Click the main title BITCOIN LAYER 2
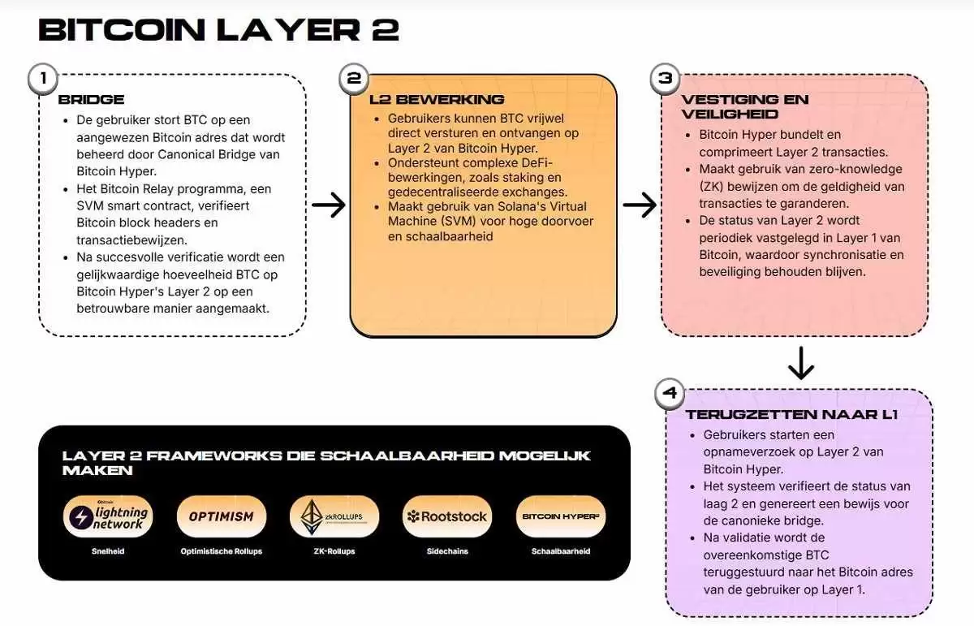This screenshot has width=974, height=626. coord(219,29)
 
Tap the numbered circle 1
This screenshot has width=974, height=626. coord(42,78)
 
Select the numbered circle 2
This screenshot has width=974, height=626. coord(354,78)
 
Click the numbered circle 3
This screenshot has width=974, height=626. coord(666,78)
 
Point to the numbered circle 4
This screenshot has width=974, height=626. coord(670,394)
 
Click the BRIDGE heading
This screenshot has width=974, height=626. coord(91,100)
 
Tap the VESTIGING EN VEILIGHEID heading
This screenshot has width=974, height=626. coord(745,106)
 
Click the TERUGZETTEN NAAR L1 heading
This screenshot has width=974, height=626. coord(791,414)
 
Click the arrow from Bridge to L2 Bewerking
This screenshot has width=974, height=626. coord(328,205)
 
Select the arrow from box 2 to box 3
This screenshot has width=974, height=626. coord(640,205)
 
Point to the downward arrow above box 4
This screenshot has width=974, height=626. coord(801,364)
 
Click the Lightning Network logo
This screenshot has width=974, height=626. coord(108,516)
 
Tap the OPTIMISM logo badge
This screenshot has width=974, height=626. coord(222,516)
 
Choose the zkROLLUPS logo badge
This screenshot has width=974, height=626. coord(334,516)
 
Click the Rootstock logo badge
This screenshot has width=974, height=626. coord(447,516)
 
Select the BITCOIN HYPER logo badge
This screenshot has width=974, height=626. coord(561,516)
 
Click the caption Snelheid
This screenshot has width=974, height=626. coord(108,551)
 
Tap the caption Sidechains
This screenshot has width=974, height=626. coord(447,551)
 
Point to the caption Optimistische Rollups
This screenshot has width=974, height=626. coord(222,551)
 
